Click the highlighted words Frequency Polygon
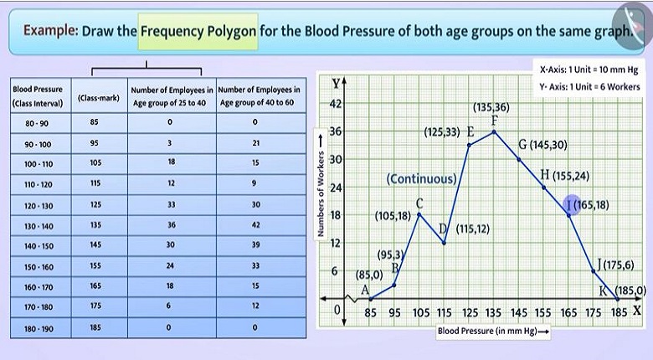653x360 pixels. [x=198, y=31]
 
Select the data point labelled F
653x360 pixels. [x=495, y=131]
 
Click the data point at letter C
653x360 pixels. [x=419, y=215]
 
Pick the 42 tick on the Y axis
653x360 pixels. [x=336, y=104]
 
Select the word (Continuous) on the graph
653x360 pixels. [x=422, y=179]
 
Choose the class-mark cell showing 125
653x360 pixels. [x=94, y=204]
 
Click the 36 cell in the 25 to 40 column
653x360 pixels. [x=170, y=225]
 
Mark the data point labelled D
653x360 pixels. [x=444, y=243]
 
